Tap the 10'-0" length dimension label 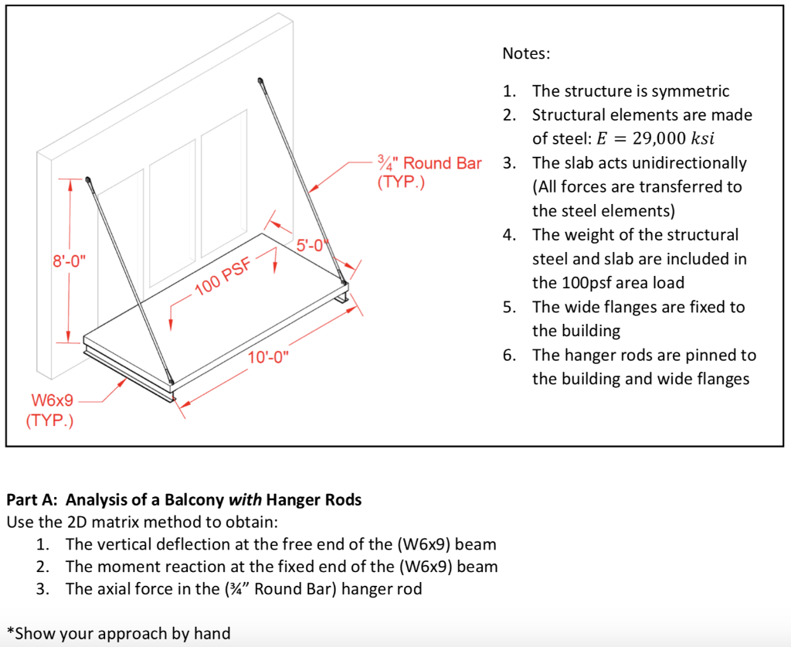(267, 357)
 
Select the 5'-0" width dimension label (313, 247)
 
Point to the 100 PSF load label (223, 278)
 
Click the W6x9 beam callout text (53, 400)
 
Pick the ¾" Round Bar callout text (429, 164)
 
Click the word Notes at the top (526, 53)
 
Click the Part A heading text (184, 499)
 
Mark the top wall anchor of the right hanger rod (261, 80)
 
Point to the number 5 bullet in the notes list (509, 307)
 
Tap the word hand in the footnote (212, 634)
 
